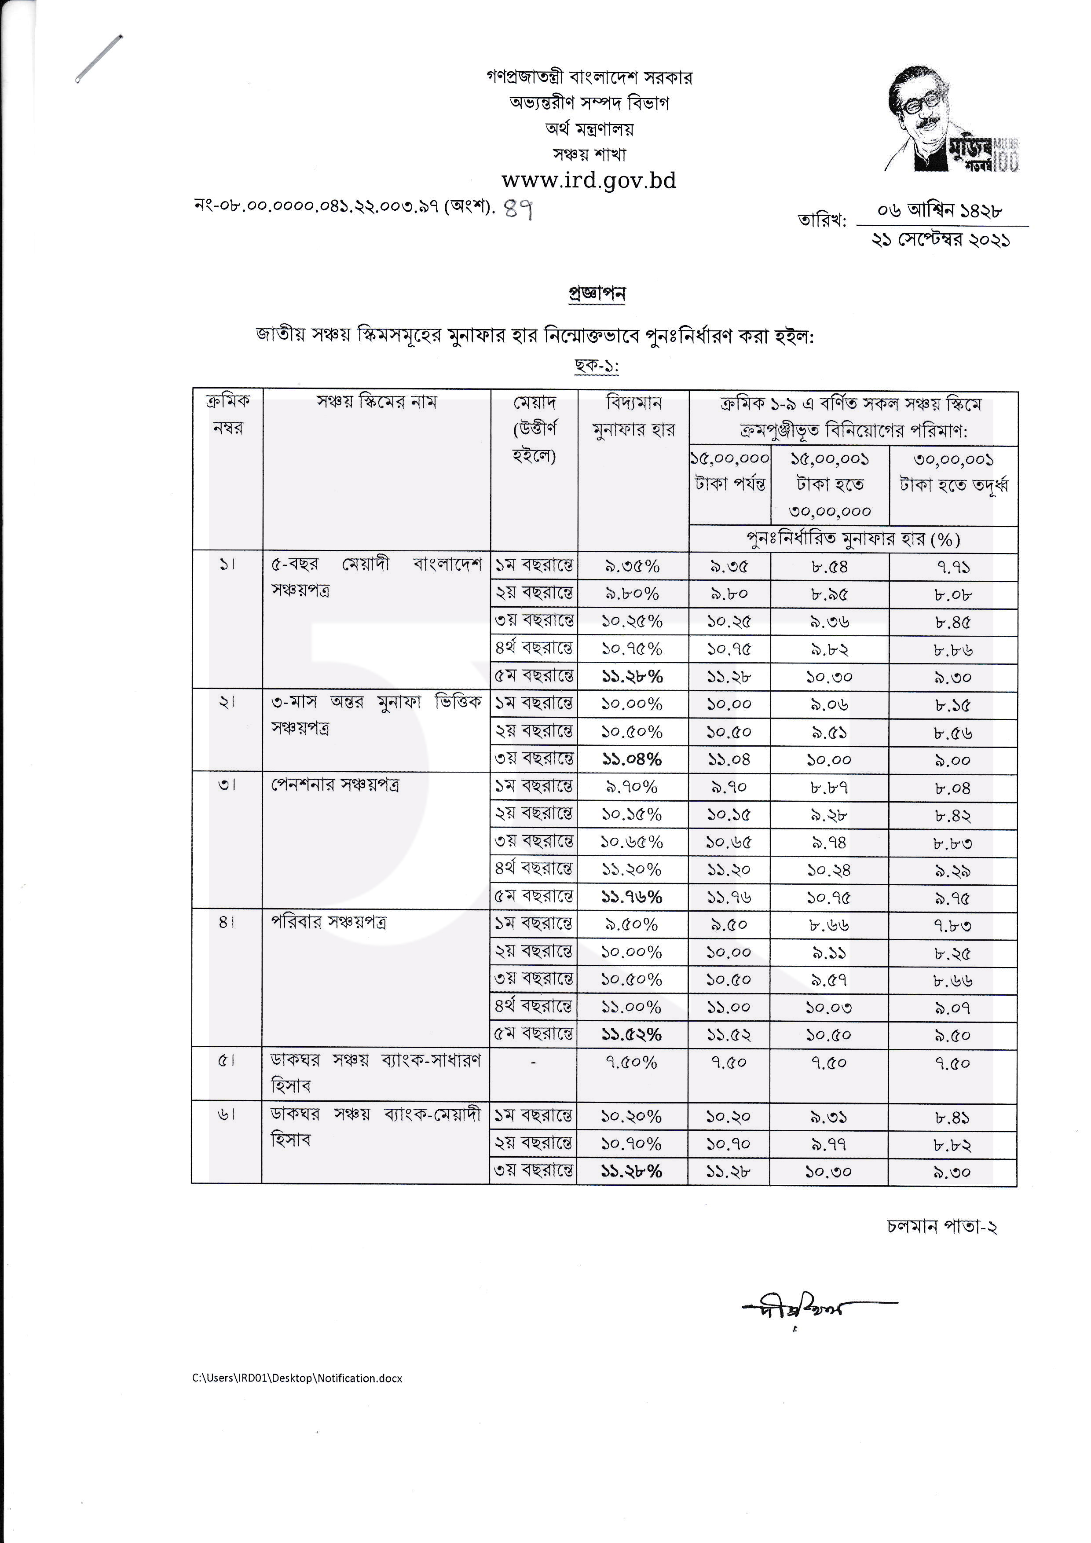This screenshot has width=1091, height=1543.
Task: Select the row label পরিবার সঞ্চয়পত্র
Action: click(329, 922)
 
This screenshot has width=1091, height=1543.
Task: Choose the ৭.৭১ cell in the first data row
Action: click(952, 567)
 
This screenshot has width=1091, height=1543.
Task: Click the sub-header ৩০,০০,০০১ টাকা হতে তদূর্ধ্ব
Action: click(952, 473)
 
